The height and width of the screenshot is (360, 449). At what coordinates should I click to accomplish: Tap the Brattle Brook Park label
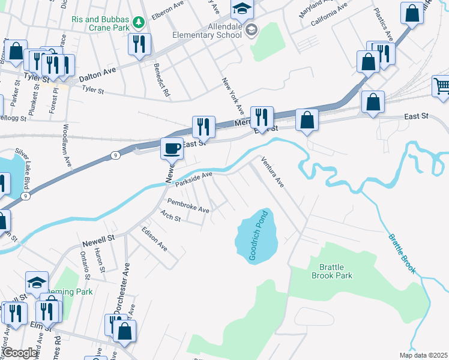point(332,271)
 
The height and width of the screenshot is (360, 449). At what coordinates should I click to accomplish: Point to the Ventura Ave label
point(273,173)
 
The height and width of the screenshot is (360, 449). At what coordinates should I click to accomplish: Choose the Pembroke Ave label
point(188,205)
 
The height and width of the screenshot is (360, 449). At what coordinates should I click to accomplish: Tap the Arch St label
point(170,215)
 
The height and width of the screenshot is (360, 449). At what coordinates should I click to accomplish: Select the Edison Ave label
point(154,238)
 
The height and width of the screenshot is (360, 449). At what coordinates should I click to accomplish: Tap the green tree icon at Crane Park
point(139,22)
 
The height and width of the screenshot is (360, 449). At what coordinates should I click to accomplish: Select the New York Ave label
point(232,95)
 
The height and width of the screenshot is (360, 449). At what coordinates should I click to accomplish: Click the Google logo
point(20,353)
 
